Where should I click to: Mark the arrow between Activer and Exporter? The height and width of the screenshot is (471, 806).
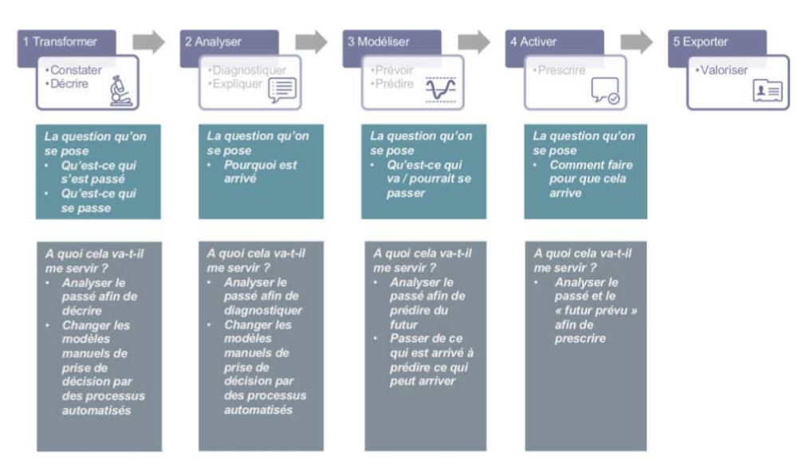[x=638, y=41]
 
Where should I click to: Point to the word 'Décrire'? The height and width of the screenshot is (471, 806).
[x=70, y=84]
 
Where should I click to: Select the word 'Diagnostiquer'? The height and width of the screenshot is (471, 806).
[x=247, y=70]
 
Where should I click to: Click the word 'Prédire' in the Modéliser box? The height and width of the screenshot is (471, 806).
[x=392, y=84]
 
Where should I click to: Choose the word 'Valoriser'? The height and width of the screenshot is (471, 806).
[x=725, y=70]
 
